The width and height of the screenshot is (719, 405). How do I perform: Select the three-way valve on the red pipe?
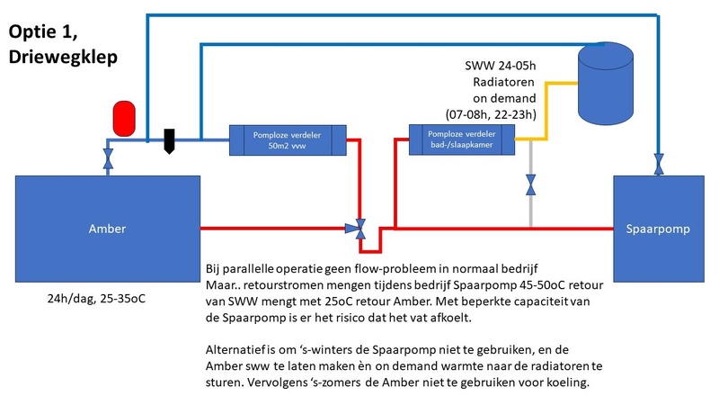tap(359, 229)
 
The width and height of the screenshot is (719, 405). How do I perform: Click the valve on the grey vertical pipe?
tap(531, 185)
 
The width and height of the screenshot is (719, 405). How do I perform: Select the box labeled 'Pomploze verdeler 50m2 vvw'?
tap(282, 139)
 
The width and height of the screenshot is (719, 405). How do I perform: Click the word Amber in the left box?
tap(107, 229)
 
